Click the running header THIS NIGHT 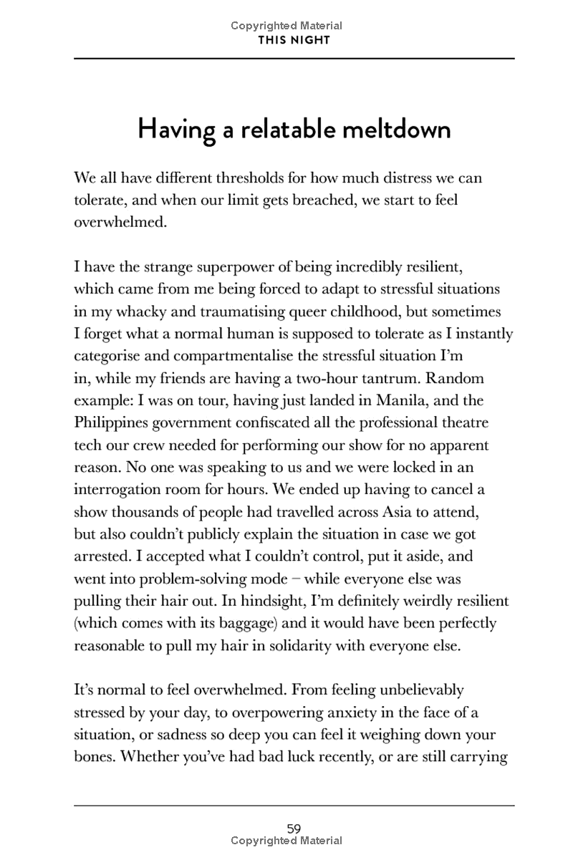pyautogui.click(x=294, y=40)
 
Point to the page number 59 pyautogui.click(x=294, y=828)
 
